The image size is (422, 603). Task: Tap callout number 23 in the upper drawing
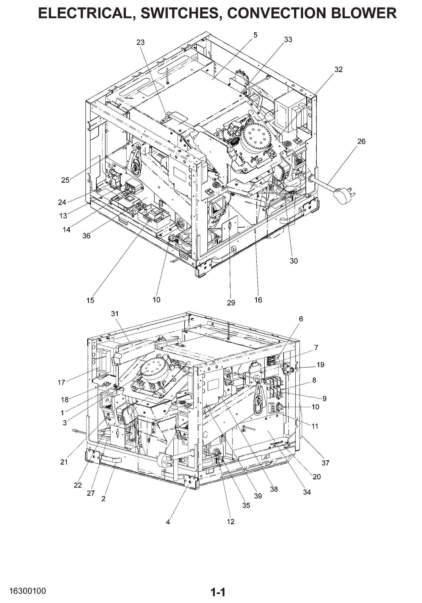pyautogui.click(x=140, y=42)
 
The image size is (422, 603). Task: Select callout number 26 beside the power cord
pyautogui.click(x=361, y=141)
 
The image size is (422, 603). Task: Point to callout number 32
pyautogui.click(x=339, y=69)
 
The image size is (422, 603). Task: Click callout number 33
pyautogui.click(x=288, y=39)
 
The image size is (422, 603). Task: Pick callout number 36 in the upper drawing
pyautogui.click(x=86, y=236)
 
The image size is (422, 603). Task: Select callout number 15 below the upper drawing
pyautogui.click(x=90, y=300)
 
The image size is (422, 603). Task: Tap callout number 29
pyautogui.click(x=231, y=303)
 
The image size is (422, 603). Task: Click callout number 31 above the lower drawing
pyautogui.click(x=115, y=314)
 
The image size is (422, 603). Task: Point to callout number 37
pyautogui.click(x=325, y=463)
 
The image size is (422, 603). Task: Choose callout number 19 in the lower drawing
pyautogui.click(x=320, y=365)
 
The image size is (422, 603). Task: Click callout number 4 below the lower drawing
pyautogui.click(x=168, y=522)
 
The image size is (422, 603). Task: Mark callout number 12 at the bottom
pyautogui.click(x=230, y=522)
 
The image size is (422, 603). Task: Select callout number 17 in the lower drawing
pyautogui.click(x=61, y=383)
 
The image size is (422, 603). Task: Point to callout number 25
pyautogui.click(x=65, y=180)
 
